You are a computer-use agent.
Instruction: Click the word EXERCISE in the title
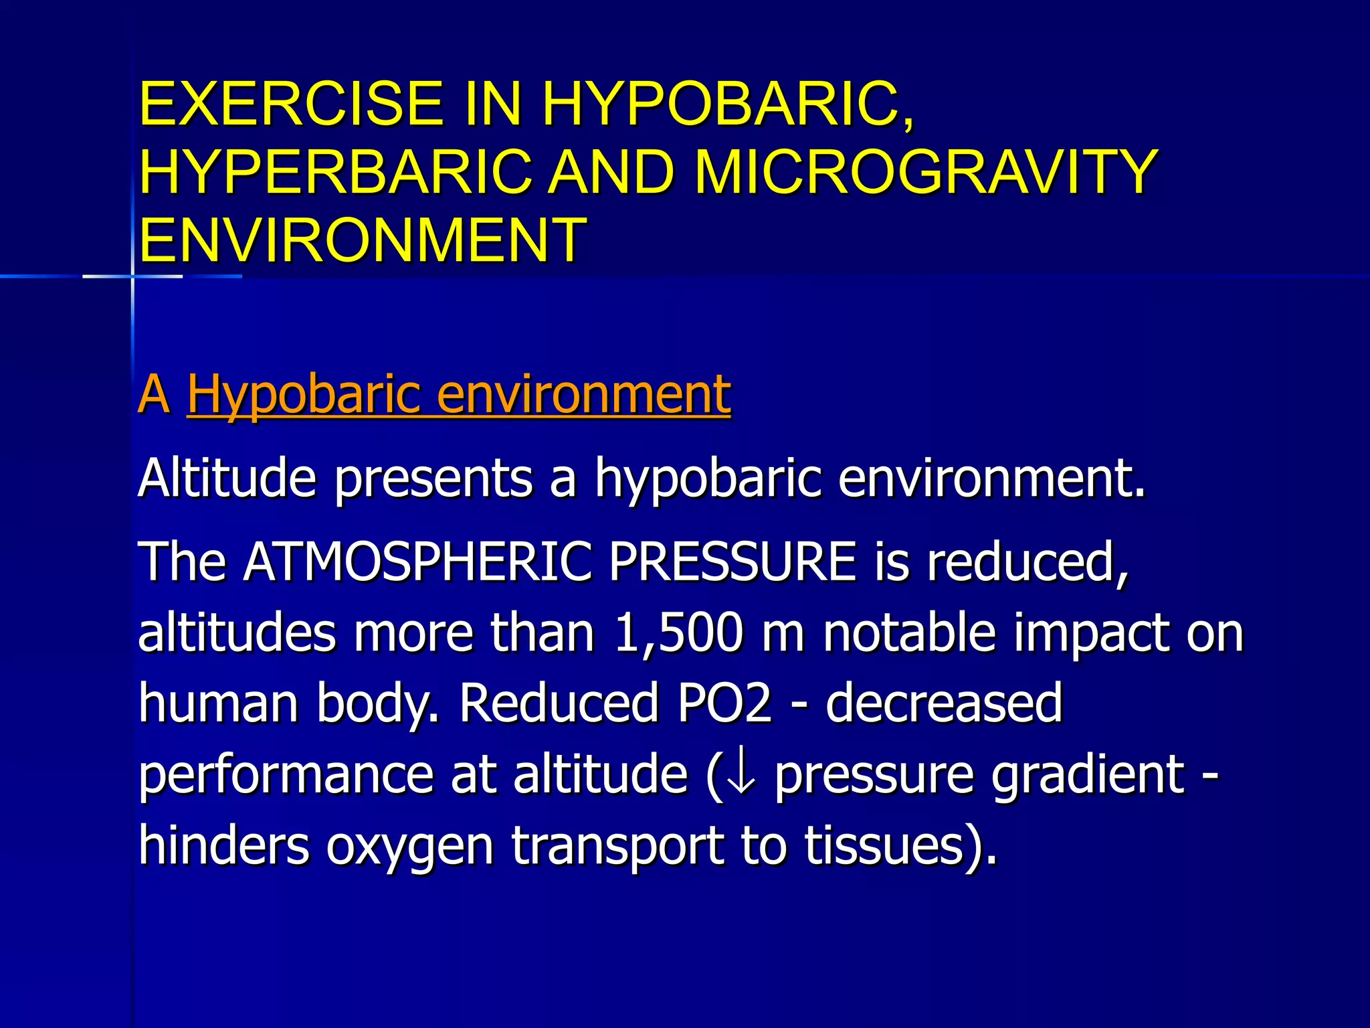pyautogui.click(x=291, y=104)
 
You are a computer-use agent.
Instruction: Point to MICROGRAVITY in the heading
pyautogui.click(x=926, y=172)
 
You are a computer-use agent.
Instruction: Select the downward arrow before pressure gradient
pyautogui.click(x=741, y=775)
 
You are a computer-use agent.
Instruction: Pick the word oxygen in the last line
pyautogui.click(x=410, y=846)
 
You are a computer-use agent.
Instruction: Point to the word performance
pyautogui.click(x=286, y=775)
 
